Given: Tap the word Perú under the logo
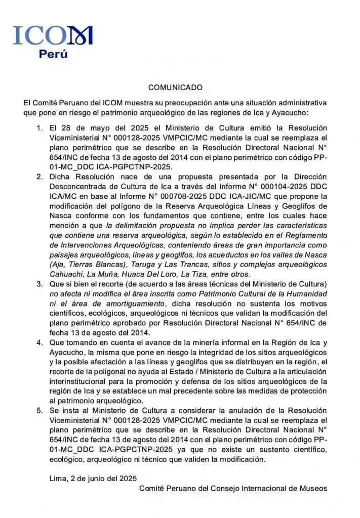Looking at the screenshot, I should pyautogui.click(x=53, y=54).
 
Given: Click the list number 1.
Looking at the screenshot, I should pyautogui.click(x=39, y=128).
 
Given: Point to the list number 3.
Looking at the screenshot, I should pyautogui.click(x=39, y=284).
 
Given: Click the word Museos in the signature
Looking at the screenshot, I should pyautogui.click(x=314, y=488).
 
